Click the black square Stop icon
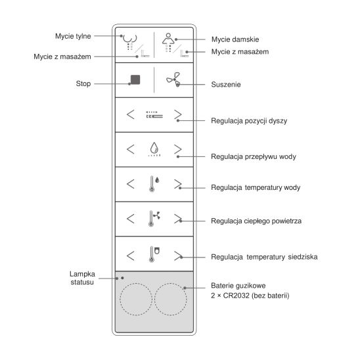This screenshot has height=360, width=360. (135, 79)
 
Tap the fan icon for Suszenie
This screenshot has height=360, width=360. (174, 79)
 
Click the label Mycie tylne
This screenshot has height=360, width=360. (73, 36)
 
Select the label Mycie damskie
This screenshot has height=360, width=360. (235, 39)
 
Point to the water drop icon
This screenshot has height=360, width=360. (154, 147)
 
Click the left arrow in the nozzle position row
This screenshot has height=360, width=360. (131, 114)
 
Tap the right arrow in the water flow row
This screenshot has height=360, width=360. (178, 149)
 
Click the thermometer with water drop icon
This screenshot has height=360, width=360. (154, 184)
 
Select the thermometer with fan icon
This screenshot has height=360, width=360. (154, 219)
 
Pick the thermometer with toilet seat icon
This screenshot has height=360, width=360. (154, 254)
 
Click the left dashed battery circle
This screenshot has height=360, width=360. (136, 299)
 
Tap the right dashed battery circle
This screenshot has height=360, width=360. (170, 299)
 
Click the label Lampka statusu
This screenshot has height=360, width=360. (82, 278)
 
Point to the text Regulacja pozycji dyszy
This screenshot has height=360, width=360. (249, 121)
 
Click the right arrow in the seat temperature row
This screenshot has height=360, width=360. (178, 256)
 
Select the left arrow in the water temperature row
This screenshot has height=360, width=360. (131, 184)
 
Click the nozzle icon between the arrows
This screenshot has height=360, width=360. (154, 114)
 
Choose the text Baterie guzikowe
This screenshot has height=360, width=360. (238, 286)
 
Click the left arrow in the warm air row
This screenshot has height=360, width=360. (131, 219)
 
